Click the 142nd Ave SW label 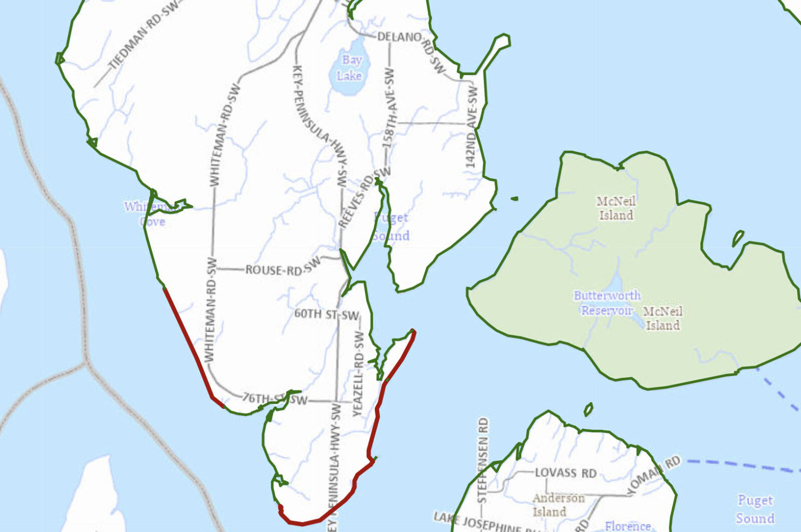[x=472, y=127]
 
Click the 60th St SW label [x=326, y=315]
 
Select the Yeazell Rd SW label [x=358, y=373]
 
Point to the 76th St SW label [x=274, y=399]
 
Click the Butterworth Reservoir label [x=607, y=303]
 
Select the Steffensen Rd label [x=482, y=460]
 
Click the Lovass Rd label [x=566, y=473]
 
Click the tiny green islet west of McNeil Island [x=514, y=199]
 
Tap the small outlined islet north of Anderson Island [x=588, y=409]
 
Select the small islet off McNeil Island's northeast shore [x=737, y=238]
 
